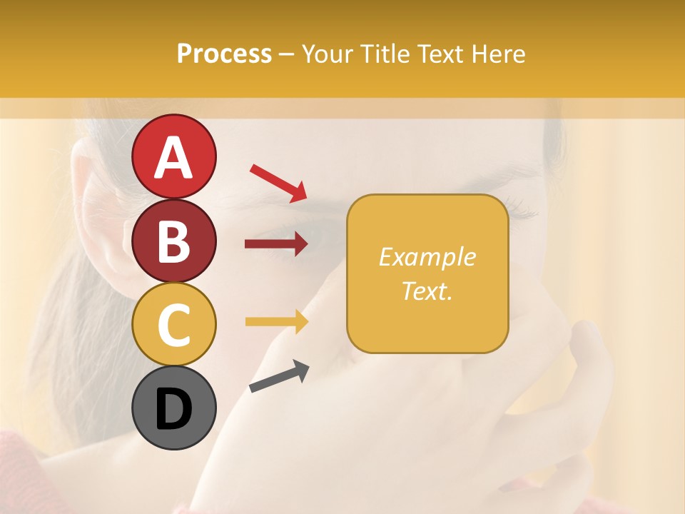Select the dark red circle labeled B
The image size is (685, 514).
[173, 241]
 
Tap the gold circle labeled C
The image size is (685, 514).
[173, 324]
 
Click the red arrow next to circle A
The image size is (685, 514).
[278, 183]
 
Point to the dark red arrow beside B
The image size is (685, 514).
[276, 244]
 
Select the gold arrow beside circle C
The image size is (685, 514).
[276, 322]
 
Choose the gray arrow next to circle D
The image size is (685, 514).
[279, 376]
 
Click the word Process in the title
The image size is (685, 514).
[224, 54]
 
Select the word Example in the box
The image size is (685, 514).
[427, 257]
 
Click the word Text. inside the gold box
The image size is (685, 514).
[427, 291]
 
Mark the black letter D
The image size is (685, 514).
[173, 410]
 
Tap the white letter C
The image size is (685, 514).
[173, 326]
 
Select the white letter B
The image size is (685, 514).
[173, 242]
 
